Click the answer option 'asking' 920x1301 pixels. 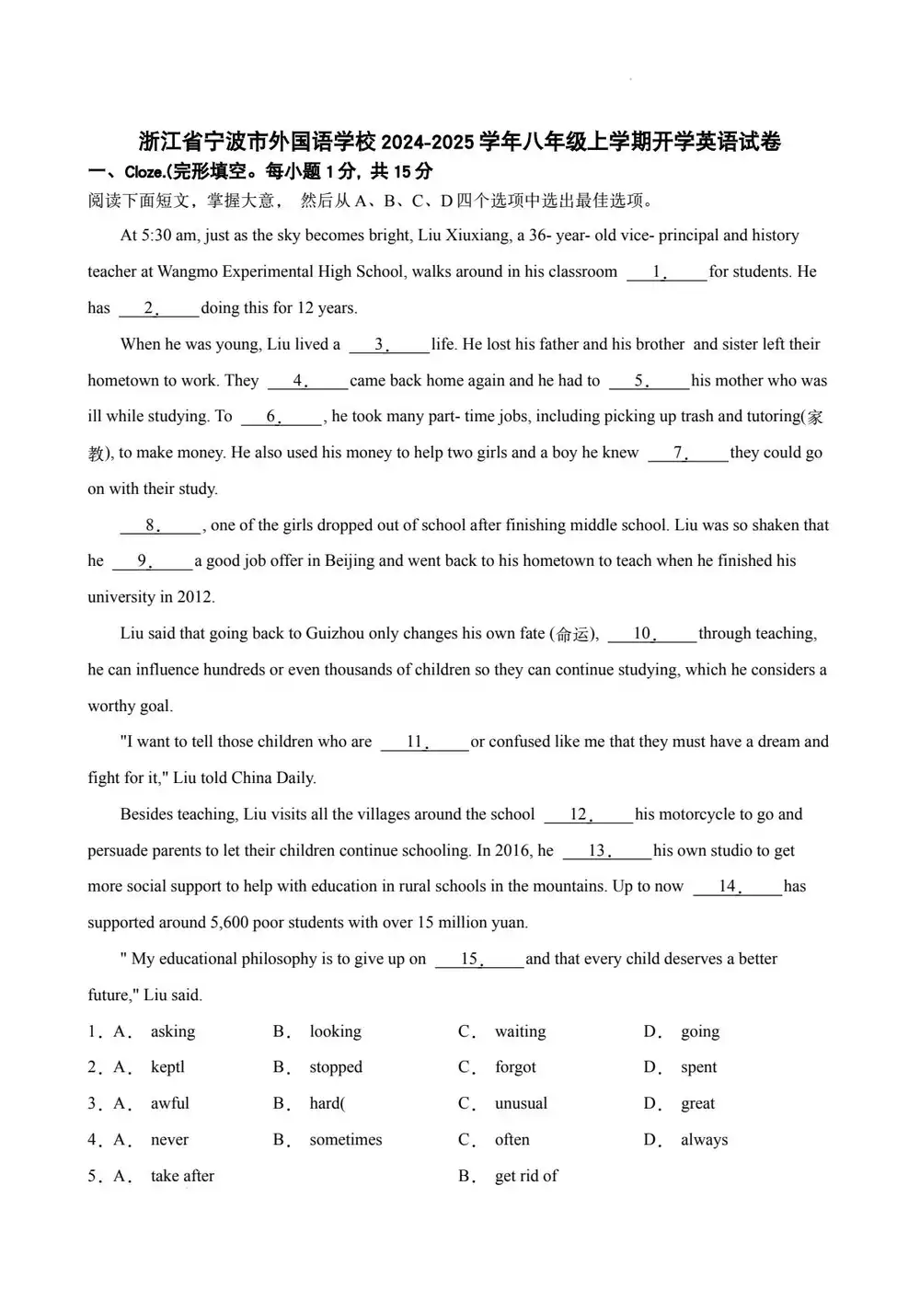click(x=173, y=1031)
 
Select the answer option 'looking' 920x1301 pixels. click(x=335, y=1031)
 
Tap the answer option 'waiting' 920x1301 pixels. click(x=520, y=1031)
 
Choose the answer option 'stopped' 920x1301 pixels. click(x=336, y=1067)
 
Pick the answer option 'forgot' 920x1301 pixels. click(x=515, y=1067)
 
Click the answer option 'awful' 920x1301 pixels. click(x=170, y=1103)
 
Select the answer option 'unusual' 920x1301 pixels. click(x=521, y=1103)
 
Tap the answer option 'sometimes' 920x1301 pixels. click(x=346, y=1140)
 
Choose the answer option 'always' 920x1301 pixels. click(x=704, y=1140)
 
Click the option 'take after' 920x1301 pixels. click(x=182, y=1176)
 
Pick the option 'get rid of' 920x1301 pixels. click(x=526, y=1176)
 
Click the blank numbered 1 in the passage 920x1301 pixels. click(x=666, y=272)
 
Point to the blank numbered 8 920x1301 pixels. click(x=160, y=526)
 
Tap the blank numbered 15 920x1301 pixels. click(x=478, y=960)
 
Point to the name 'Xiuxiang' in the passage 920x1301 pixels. click(x=478, y=236)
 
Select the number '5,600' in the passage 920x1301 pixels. click(x=231, y=923)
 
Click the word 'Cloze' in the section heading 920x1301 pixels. click(x=144, y=172)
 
